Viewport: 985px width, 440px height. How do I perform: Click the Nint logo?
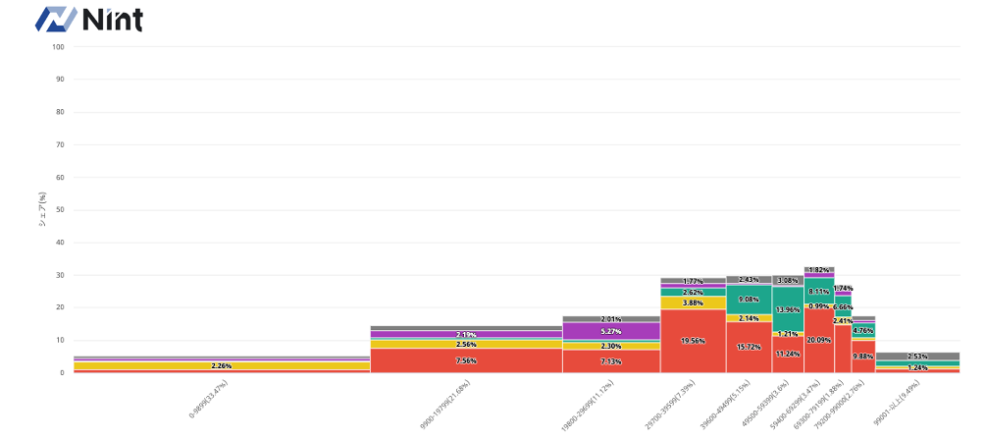click(x=89, y=20)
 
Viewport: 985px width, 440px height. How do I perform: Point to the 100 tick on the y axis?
click(x=58, y=46)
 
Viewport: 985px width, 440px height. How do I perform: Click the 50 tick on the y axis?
click(x=58, y=209)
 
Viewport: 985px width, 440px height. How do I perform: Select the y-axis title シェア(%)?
click(x=42, y=208)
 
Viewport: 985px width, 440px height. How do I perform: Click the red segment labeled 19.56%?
click(x=693, y=341)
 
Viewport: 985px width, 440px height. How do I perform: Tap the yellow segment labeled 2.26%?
click(x=222, y=366)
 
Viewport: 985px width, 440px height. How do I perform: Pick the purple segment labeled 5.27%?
click(x=610, y=331)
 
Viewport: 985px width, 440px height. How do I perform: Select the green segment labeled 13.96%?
click(x=787, y=309)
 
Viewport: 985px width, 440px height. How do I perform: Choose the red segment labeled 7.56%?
click(x=466, y=360)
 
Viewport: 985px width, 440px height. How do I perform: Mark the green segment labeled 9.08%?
click(x=749, y=300)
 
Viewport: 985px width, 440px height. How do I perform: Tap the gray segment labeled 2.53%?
click(x=917, y=357)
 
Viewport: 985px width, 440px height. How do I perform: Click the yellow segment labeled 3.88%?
click(x=693, y=302)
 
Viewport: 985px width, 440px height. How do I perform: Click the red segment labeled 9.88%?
click(x=862, y=357)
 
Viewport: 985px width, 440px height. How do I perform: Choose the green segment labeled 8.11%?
click(x=818, y=292)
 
